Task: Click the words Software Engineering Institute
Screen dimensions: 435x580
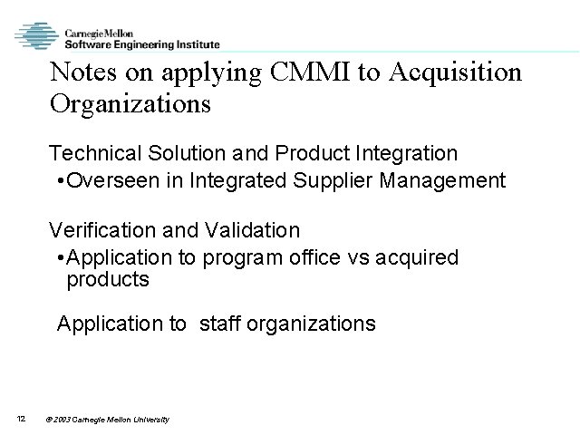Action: coord(141,42)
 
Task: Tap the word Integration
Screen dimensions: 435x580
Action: coord(407,151)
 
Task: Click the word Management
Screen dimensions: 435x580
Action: coord(448,180)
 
